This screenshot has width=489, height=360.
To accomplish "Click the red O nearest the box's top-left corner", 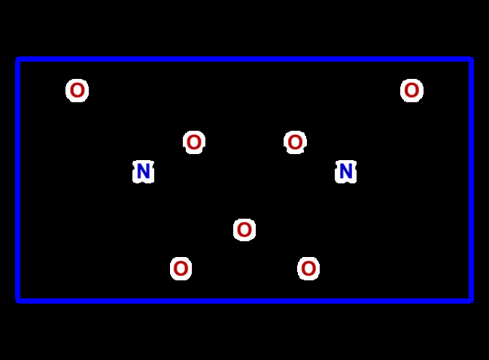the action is (x=77, y=90).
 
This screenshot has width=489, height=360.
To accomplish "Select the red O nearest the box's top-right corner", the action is (x=412, y=90).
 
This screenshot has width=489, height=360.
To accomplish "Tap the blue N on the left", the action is (x=144, y=171).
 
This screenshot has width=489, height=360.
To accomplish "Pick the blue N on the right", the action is (x=345, y=171).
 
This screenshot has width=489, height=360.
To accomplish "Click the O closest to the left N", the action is (x=194, y=142).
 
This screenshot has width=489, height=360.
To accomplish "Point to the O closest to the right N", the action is (x=295, y=142).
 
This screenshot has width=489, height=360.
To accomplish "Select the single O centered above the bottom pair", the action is (x=244, y=230).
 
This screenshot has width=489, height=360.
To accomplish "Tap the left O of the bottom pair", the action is (x=181, y=268).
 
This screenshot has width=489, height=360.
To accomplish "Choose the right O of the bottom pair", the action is (x=308, y=268).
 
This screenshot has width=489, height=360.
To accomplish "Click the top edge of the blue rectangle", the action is (x=244, y=59).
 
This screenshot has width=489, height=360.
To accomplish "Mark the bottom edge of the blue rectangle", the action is (x=244, y=301).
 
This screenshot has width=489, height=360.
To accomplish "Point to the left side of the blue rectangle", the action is (x=18, y=180).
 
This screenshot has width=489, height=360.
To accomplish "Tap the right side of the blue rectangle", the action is (x=471, y=180).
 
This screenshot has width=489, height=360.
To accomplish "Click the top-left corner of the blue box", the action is (x=18, y=59).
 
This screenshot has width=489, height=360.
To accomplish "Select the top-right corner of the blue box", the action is (x=471, y=59).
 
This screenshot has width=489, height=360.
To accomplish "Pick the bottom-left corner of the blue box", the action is (x=18, y=301).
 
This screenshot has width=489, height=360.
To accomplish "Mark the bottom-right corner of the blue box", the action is (x=471, y=301).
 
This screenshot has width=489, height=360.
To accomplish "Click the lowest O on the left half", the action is (x=181, y=268).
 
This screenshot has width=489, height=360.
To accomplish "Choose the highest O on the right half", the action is (x=412, y=90).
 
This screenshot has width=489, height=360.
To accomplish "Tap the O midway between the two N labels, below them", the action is (x=244, y=230).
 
